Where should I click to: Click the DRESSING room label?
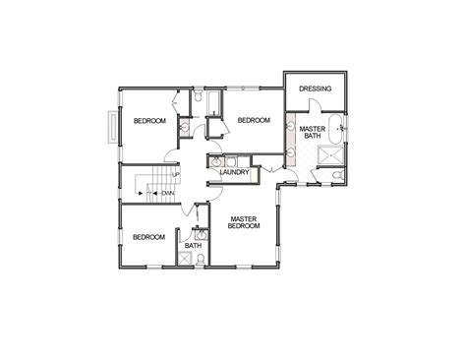tap(316, 89)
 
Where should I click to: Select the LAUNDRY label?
tap(233, 172)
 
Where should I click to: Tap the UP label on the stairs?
tap(176, 176)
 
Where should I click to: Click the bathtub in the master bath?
tap(336, 126)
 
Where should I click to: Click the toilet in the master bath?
tap(335, 176)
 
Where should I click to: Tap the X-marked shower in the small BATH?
tap(183, 260)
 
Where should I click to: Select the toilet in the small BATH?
tap(202, 258)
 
